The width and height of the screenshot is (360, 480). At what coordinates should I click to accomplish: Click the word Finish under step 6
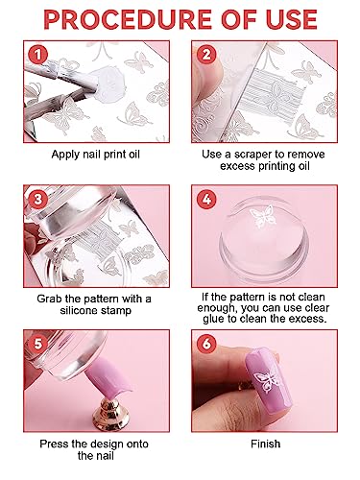click(x=265, y=444)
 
